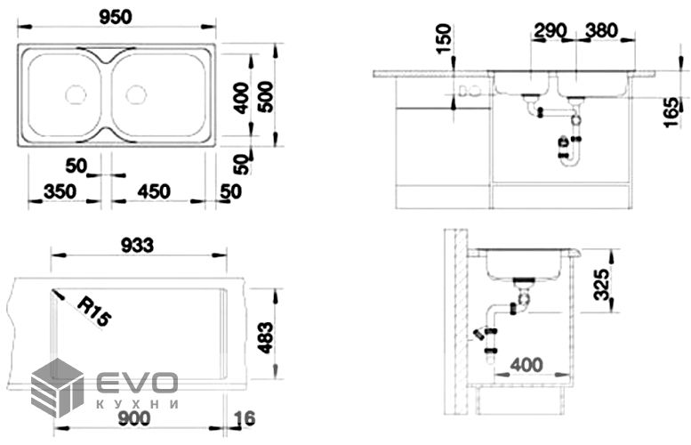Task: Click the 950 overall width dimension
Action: click(115, 17)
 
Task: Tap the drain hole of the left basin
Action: click(76, 94)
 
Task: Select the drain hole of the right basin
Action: click(136, 94)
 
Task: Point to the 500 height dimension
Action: click(266, 97)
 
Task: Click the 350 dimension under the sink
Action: click(60, 191)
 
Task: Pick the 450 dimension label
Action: click(154, 191)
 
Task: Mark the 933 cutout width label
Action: click(137, 246)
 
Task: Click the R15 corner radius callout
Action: click(94, 311)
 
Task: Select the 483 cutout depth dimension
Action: click(266, 337)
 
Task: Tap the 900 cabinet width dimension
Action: click(134, 418)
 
